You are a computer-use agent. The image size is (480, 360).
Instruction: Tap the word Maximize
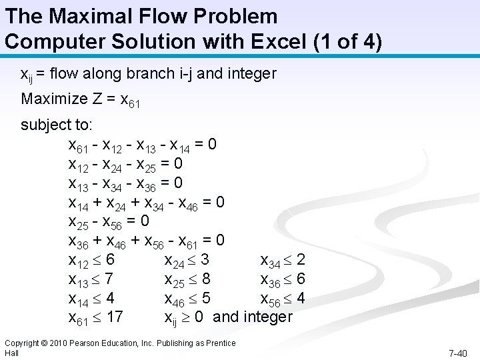51,99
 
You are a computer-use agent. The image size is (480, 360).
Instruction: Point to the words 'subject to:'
57,125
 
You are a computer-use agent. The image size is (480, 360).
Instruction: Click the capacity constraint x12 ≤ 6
93,259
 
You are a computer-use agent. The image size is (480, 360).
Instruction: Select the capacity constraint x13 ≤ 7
93,279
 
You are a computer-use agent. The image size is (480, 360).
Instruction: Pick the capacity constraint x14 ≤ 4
93,298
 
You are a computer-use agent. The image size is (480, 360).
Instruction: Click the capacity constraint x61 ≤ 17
96,317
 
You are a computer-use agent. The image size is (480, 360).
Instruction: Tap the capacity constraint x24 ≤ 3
187,259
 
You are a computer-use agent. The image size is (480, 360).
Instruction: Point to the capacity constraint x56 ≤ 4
283,299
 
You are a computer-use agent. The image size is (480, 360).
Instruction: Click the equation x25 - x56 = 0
109,221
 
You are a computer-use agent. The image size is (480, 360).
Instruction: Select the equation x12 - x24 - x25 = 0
126,163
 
